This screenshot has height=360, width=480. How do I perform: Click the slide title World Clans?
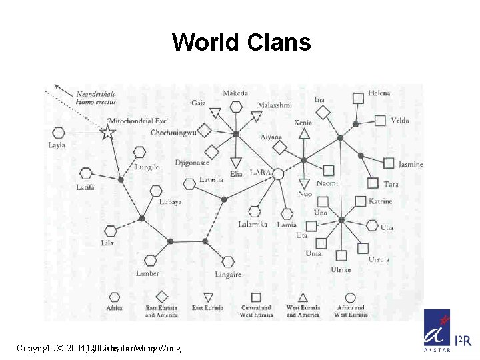point(241,43)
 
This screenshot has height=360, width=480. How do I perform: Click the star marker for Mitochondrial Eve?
point(108,132)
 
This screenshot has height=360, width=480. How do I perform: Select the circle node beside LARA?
point(278,174)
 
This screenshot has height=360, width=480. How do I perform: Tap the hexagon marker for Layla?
point(58,133)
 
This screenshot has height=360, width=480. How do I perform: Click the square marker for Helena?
point(358,98)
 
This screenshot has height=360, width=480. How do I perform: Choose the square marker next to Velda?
point(380,121)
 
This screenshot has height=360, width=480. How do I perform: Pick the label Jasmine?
point(411,165)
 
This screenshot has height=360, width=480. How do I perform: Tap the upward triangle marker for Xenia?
point(304,133)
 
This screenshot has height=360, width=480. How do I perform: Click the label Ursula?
point(378,259)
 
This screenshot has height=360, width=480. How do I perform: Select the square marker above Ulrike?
point(341,255)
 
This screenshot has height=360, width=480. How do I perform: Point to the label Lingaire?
point(228,275)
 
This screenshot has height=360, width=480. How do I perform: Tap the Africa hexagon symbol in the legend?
point(114,297)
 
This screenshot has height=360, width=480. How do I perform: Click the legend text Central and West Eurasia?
point(256,311)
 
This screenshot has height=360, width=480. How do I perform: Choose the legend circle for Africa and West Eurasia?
point(351,297)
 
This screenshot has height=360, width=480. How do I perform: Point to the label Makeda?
point(235,93)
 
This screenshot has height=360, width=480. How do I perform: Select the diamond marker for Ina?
point(323,113)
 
